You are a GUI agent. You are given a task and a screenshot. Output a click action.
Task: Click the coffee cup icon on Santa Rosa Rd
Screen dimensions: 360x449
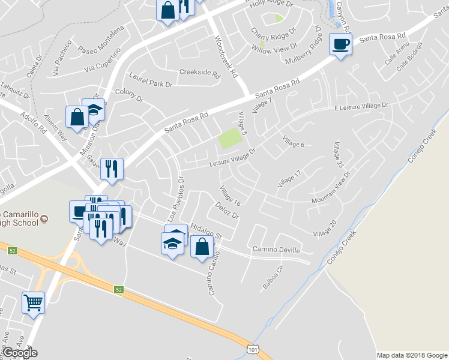pyautogui.click(x=341, y=44)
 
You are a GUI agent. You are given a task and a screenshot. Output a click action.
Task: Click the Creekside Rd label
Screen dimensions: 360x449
pyautogui.click(x=200, y=72)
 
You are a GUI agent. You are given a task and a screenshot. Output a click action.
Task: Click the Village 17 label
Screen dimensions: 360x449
pyautogui.click(x=289, y=179)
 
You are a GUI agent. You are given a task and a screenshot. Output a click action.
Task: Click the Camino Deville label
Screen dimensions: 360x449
pyautogui.click(x=276, y=249)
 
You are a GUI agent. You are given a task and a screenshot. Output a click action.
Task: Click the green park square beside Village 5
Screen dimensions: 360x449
pyautogui.click(x=230, y=139)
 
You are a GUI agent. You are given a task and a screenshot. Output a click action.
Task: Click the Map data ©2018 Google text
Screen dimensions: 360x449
pyautogui.click(x=412, y=355)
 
